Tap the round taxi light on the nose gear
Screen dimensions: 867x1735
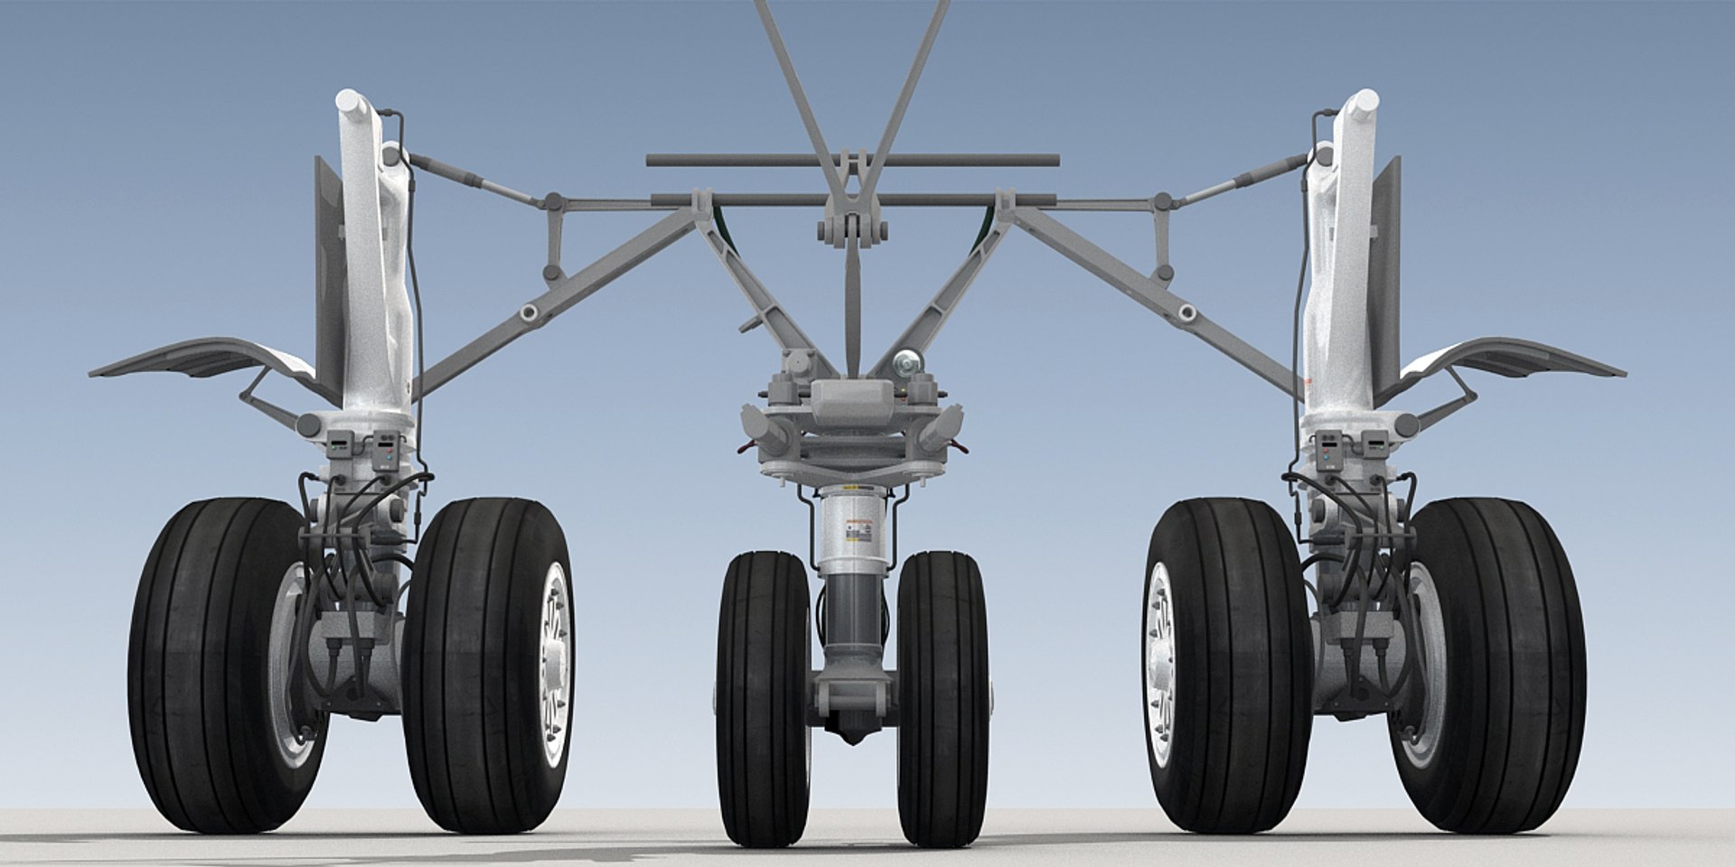905,363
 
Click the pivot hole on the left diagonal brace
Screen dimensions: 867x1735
530,312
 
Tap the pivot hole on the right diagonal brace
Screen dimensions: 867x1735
1186,312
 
